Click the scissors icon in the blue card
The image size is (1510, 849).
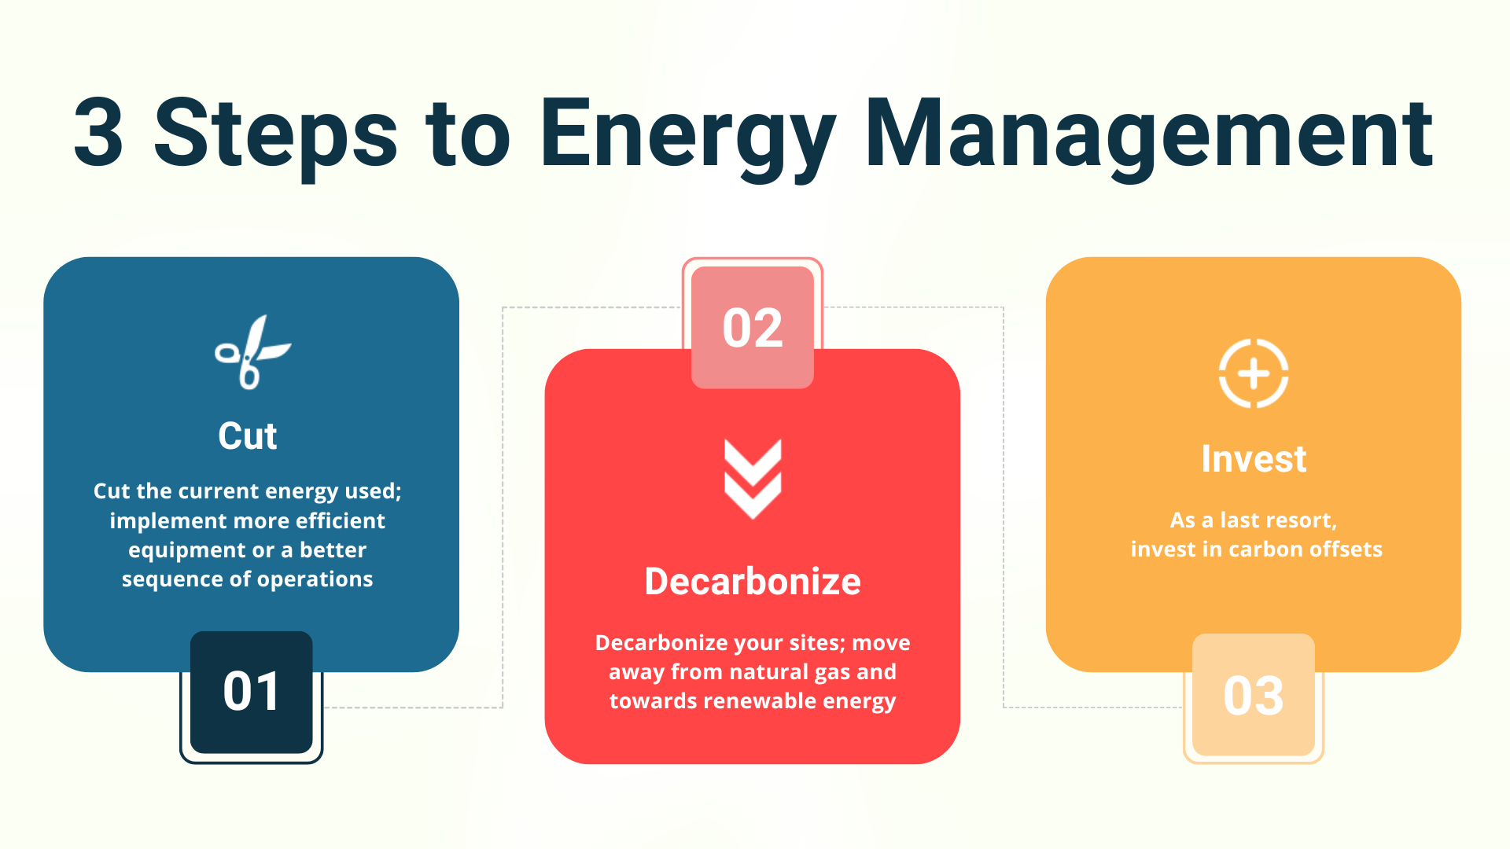[x=252, y=354]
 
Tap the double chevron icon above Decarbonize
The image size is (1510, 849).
[x=753, y=479]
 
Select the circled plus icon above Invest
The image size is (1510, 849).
[x=1254, y=373]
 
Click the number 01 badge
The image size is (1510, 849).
[x=251, y=692]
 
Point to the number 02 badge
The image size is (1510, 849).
[x=753, y=328]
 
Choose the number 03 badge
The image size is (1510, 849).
[x=1254, y=696]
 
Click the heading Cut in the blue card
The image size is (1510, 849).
[x=248, y=436]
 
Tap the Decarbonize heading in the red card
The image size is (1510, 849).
[x=753, y=582]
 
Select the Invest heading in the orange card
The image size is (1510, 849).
[x=1254, y=459]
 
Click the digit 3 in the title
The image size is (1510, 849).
[x=99, y=134]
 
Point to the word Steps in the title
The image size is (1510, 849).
[x=276, y=134]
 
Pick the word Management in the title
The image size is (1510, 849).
[x=1149, y=134]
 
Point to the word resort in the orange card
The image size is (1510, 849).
[x=1302, y=520]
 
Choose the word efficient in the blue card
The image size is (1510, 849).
[x=341, y=521]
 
